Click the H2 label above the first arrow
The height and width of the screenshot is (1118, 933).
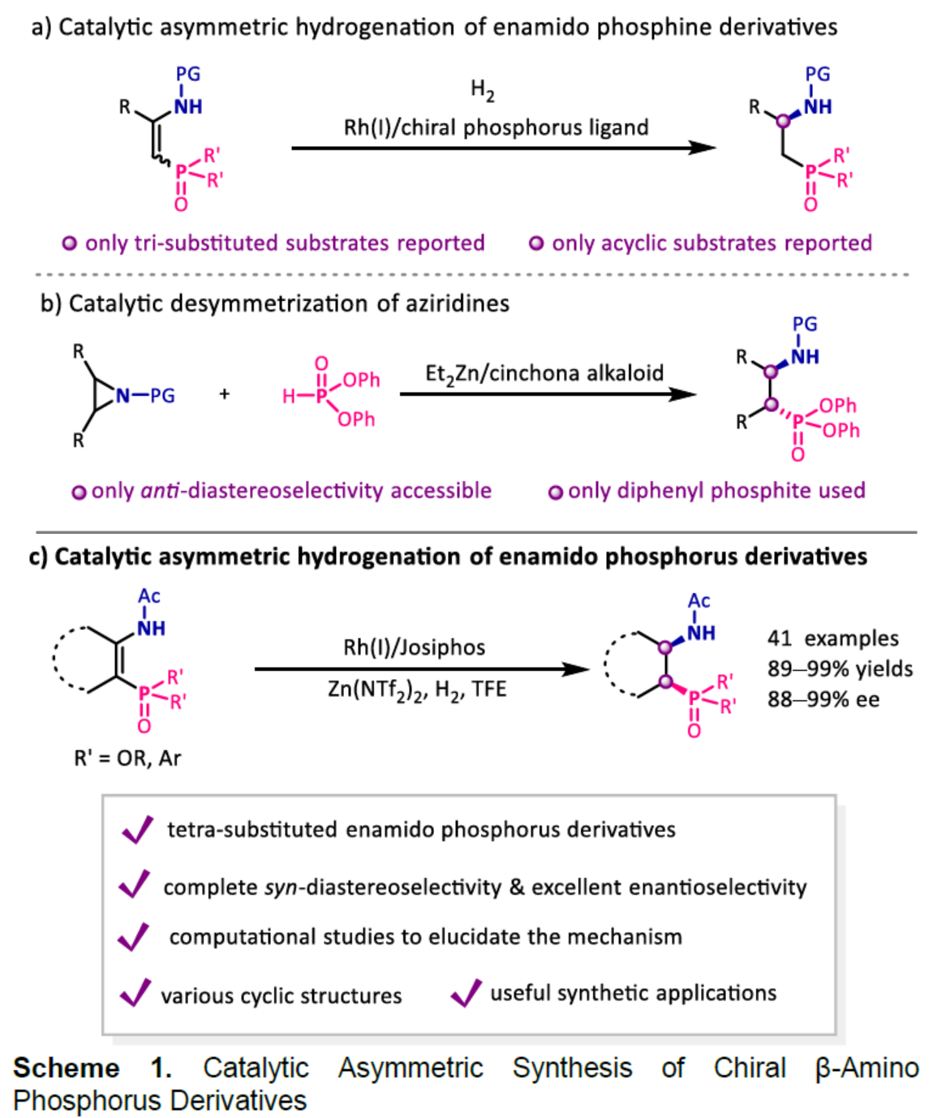click(x=482, y=90)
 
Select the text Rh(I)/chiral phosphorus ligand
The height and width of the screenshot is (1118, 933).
click(x=496, y=127)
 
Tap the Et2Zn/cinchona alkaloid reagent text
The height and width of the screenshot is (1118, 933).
click(x=544, y=374)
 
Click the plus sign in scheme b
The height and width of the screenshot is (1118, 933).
click(x=225, y=394)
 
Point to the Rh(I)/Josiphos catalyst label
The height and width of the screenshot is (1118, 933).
click(x=414, y=647)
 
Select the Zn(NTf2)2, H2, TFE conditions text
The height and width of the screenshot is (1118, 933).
click(x=417, y=690)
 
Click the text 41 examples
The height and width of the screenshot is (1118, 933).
click(x=832, y=639)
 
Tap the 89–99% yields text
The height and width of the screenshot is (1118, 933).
click(x=840, y=669)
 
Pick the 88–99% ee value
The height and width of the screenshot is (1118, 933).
click(x=823, y=699)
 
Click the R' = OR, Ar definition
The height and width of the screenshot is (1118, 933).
click(x=127, y=758)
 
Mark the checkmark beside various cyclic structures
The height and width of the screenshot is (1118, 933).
click(x=135, y=992)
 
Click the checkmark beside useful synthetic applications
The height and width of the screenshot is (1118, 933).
click(x=466, y=992)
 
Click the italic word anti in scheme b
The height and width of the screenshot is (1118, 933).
click(x=160, y=491)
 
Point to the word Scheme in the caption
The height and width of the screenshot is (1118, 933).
click(x=66, y=1068)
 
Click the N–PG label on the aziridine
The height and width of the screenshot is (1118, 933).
click(x=145, y=396)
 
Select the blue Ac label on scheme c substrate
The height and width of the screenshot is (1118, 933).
click(x=149, y=596)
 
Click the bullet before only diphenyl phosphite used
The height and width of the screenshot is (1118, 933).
click(x=556, y=492)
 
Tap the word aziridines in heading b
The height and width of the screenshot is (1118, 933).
click(x=462, y=303)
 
